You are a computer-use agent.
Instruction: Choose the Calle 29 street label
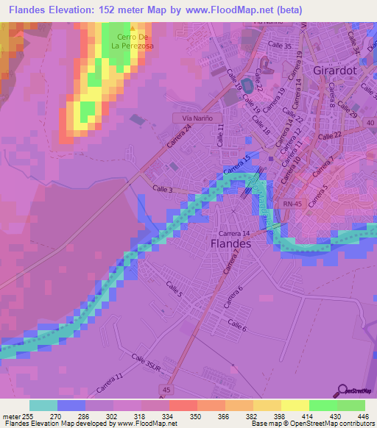[x=348, y=112]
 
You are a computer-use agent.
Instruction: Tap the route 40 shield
[x=369, y=122]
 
